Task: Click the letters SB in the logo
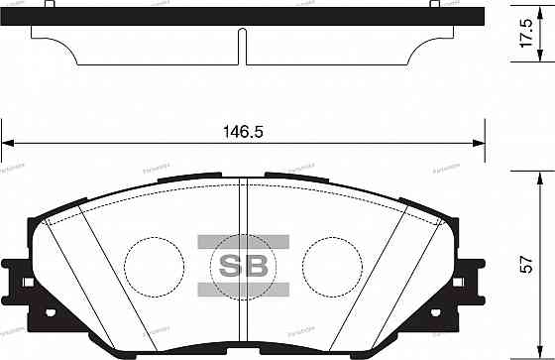[x=243, y=265]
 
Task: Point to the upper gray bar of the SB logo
[x=243, y=241]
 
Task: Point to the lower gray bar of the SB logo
[x=243, y=289]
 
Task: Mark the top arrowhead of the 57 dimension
[x=538, y=176]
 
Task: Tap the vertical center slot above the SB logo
[x=243, y=208]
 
